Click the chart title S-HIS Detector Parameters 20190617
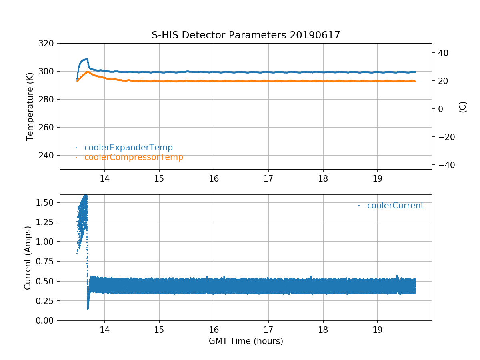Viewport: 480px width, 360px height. (x=246, y=35)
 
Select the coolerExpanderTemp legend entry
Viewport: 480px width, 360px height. (x=128, y=148)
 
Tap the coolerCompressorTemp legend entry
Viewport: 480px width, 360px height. (x=134, y=157)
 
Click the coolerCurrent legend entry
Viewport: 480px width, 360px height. (x=395, y=206)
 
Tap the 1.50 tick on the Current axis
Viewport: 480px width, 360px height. (x=47, y=202)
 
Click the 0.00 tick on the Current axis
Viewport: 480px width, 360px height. (x=47, y=320)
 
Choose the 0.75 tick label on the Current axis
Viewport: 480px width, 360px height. (x=47, y=261)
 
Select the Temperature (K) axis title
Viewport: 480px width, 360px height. (x=30, y=106)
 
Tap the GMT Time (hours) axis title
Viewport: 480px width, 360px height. (x=246, y=341)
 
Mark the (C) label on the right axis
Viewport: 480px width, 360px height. (x=463, y=107)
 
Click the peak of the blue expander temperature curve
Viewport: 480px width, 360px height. (x=86, y=59)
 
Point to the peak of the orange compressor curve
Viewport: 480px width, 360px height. (x=87, y=72)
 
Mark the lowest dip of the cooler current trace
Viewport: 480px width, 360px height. (x=88, y=308)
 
